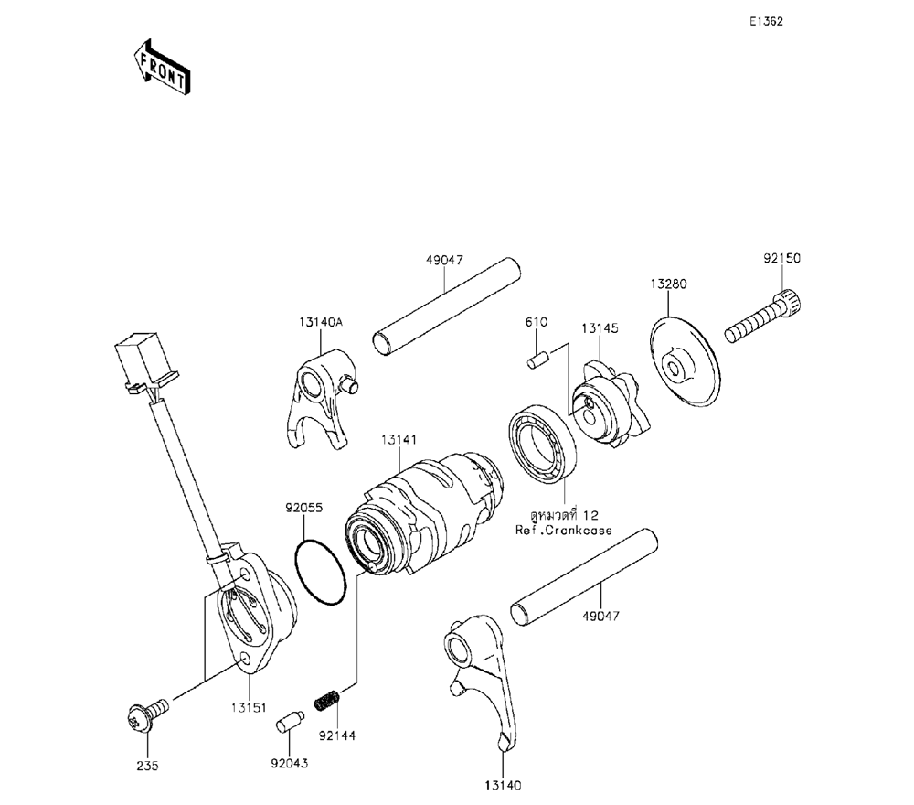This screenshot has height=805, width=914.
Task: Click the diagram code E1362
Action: tap(765, 21)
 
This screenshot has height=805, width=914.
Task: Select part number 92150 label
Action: tap(781, 259)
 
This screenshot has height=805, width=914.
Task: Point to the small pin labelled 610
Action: tap(537, 360)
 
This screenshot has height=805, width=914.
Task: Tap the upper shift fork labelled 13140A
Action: tap(317, 402)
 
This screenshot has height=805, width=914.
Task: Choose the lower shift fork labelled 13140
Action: tap(480, 677)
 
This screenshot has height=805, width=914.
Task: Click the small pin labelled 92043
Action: tap(288, 723)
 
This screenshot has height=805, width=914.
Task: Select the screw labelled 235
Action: tap(143, 719)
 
